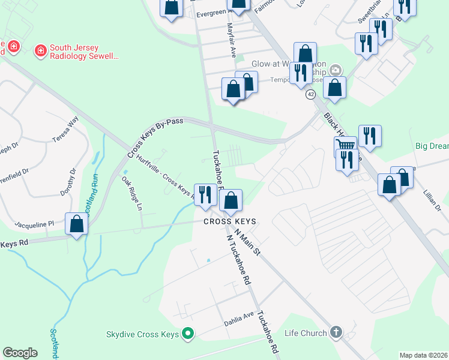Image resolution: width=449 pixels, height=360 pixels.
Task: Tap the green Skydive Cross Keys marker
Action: (x=188, y=333)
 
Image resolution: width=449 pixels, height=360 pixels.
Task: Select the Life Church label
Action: (x=306, y=332)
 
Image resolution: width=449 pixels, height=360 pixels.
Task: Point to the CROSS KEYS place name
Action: (x=230, y=221)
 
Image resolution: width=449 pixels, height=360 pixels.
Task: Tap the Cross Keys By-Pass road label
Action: (x=154, y=137)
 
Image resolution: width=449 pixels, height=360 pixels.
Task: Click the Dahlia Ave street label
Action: (x=240, y=316)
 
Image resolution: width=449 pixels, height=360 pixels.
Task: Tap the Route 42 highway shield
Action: (x=310, y=94)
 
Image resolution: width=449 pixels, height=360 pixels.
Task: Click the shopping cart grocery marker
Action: (x=345, y=146)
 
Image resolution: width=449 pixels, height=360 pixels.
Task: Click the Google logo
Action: (x=20, y=353)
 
